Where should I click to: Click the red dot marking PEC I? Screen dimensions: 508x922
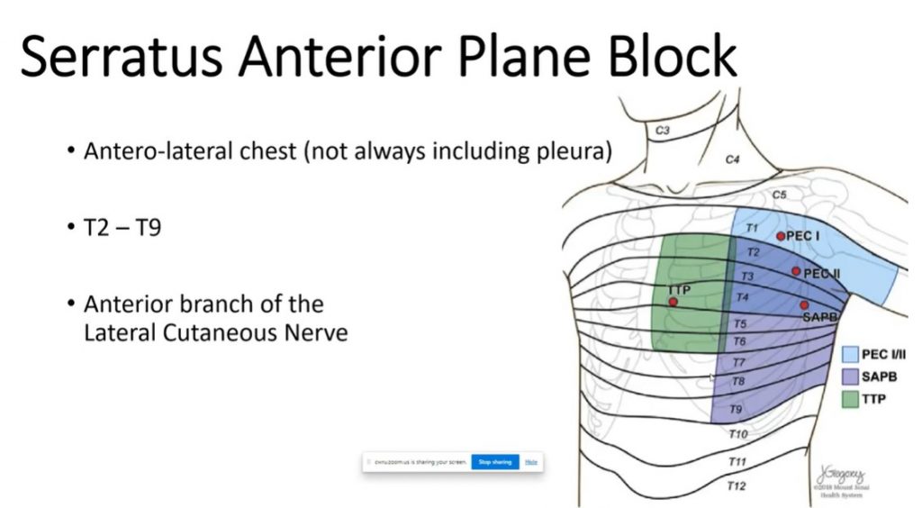coord(781,236)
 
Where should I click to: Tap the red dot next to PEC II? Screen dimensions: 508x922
coord(796,271)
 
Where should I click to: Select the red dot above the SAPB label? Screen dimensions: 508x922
coord(804,305)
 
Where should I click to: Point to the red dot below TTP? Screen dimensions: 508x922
coord(673,303)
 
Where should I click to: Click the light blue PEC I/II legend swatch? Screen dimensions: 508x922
coord(848,355)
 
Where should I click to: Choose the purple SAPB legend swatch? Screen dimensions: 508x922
coord(848,376)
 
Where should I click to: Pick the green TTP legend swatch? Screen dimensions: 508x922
coord(848,399)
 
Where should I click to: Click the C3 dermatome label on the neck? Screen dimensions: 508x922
coord(662,131)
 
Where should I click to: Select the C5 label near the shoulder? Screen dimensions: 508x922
coord(779,195)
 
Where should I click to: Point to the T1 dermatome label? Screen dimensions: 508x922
coord(753,230)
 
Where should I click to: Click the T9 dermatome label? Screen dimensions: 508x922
coord(737,410)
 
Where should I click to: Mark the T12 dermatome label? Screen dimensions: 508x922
coord(737,486)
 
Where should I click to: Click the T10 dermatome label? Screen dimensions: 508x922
coord(737,434)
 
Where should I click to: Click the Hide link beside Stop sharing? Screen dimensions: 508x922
coord(531,462)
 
